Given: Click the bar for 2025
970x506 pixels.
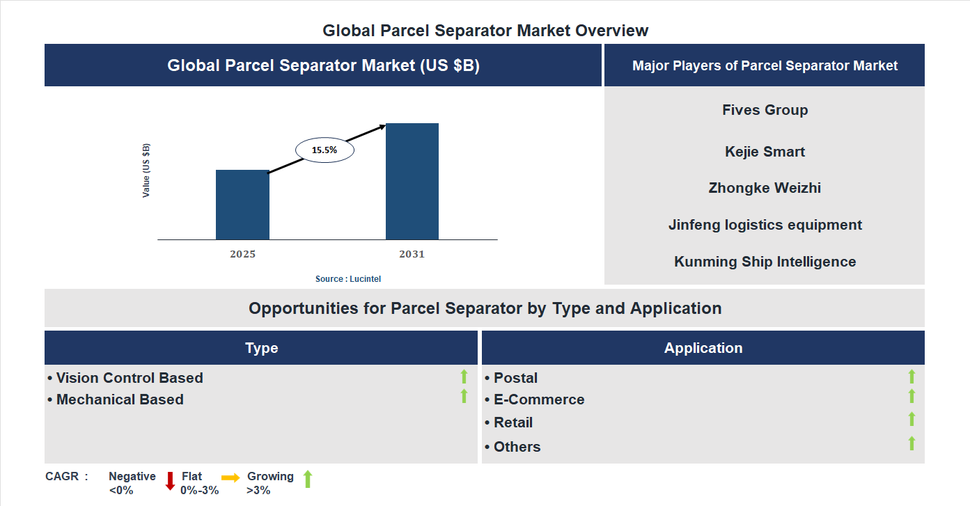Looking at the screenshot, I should (242, 205).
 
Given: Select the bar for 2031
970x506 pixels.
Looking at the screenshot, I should (412, 182).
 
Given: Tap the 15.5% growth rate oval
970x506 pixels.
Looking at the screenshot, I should (324, 150).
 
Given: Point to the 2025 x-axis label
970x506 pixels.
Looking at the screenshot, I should (242, 254).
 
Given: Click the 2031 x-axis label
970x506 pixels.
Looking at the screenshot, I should (412, 254).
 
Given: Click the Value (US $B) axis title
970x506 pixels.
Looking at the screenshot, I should (146, 171).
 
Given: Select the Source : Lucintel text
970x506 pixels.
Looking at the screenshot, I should (348, 278).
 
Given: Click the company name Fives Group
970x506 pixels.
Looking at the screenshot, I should (765, 110).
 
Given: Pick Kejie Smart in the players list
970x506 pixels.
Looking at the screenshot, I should (765, 152).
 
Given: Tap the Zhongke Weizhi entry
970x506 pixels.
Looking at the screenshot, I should (765, 188).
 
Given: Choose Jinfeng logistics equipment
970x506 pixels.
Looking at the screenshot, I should (765, 225).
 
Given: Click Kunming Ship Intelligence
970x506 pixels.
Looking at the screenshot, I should (765, 262).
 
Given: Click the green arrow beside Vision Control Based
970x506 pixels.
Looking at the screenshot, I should (464, 377).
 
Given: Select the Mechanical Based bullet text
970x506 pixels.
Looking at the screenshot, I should (120, 400).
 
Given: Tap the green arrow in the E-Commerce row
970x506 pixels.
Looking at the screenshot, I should (912, 396).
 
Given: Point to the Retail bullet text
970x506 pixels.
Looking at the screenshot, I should (513, 422).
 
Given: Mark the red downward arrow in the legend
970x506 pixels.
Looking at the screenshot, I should (170, 481).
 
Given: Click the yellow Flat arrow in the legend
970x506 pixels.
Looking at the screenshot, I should (230, 477).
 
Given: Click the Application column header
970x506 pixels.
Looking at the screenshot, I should (703, 348).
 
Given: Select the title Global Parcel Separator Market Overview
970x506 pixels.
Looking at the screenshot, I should (485, 31).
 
